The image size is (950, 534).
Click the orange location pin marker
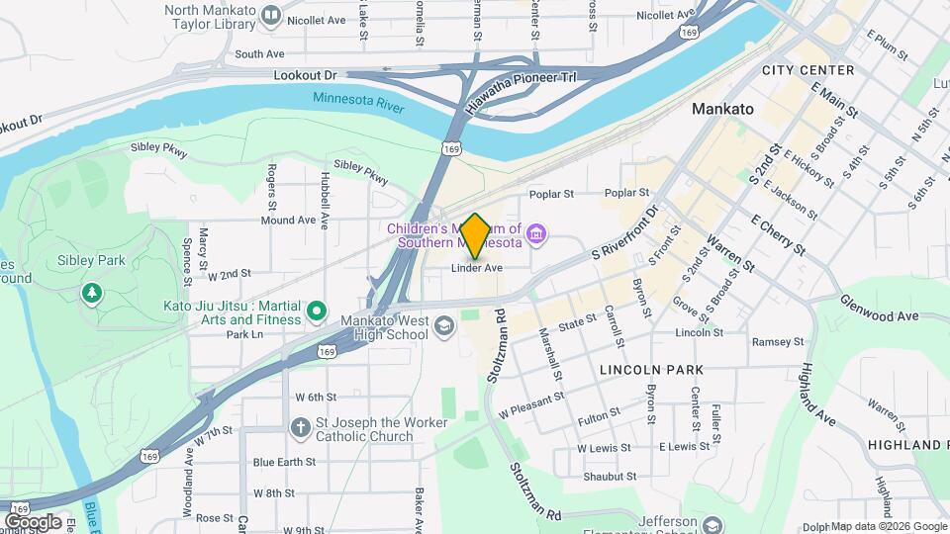475,235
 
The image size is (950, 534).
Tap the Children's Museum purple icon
536,233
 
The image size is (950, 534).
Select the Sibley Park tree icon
92,293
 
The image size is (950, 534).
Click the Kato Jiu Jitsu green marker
317,312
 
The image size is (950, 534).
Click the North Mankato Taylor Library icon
269,17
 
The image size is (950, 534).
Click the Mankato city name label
723,108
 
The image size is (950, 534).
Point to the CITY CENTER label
807,70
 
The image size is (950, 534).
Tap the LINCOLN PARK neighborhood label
651,370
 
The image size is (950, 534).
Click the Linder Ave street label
477,268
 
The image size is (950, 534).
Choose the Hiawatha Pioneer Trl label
521,87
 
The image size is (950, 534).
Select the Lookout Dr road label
305,75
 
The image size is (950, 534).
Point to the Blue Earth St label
284,462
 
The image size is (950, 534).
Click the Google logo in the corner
33,521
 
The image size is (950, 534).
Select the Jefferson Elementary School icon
712,524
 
